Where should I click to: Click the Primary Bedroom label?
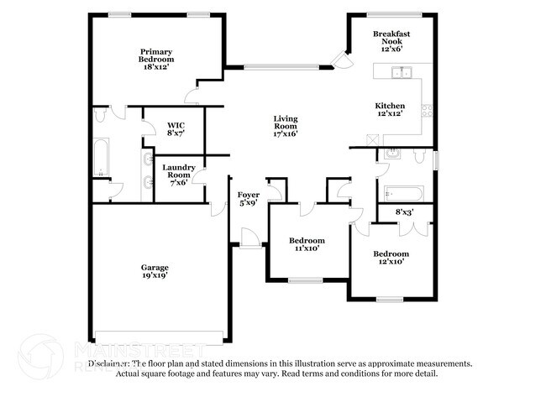point(157,56)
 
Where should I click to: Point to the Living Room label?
point(285,126)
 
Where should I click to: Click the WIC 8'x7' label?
point(176,128)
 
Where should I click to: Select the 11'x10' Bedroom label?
point(307,244)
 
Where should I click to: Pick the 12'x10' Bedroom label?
point(391,258)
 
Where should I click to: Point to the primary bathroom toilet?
point(101,115)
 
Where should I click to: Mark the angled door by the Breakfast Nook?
point(340,59)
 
